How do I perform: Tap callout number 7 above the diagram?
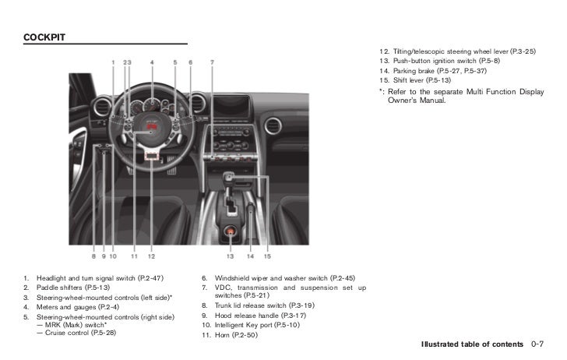tap(213, 62)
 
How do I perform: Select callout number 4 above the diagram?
tap(152, 62)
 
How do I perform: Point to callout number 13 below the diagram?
tap(231, 256)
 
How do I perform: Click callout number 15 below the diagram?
tap(266, 256)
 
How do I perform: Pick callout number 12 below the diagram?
tap(151, 256)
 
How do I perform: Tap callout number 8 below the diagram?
tap(93, 256)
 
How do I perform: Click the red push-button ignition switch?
tap(231, 231)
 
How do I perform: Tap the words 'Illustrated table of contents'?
tap(472, 344)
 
